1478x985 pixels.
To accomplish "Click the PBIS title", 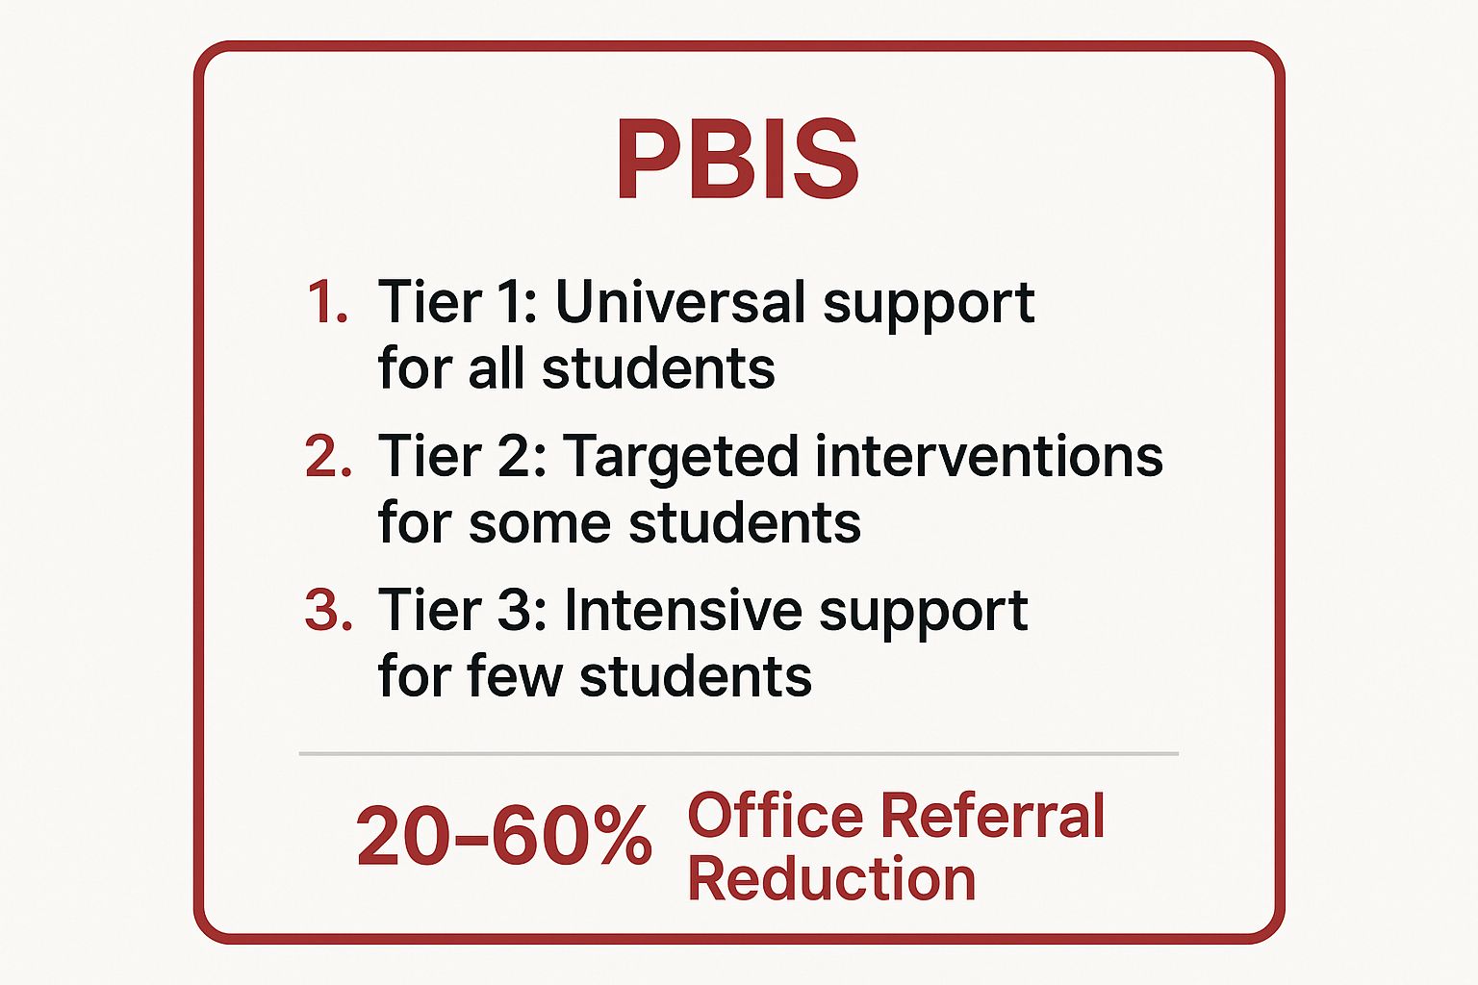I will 737,160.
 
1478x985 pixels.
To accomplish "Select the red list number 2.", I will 327,457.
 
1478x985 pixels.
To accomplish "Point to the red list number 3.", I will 327,611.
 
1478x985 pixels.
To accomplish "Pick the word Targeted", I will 680,457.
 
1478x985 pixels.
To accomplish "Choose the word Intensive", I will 683,611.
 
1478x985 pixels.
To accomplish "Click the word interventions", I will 988,457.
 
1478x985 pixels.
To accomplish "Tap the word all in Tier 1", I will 497,369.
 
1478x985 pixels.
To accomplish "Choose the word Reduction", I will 831,879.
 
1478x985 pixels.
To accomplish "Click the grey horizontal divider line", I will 738,753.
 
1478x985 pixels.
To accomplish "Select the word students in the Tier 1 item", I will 658,369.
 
